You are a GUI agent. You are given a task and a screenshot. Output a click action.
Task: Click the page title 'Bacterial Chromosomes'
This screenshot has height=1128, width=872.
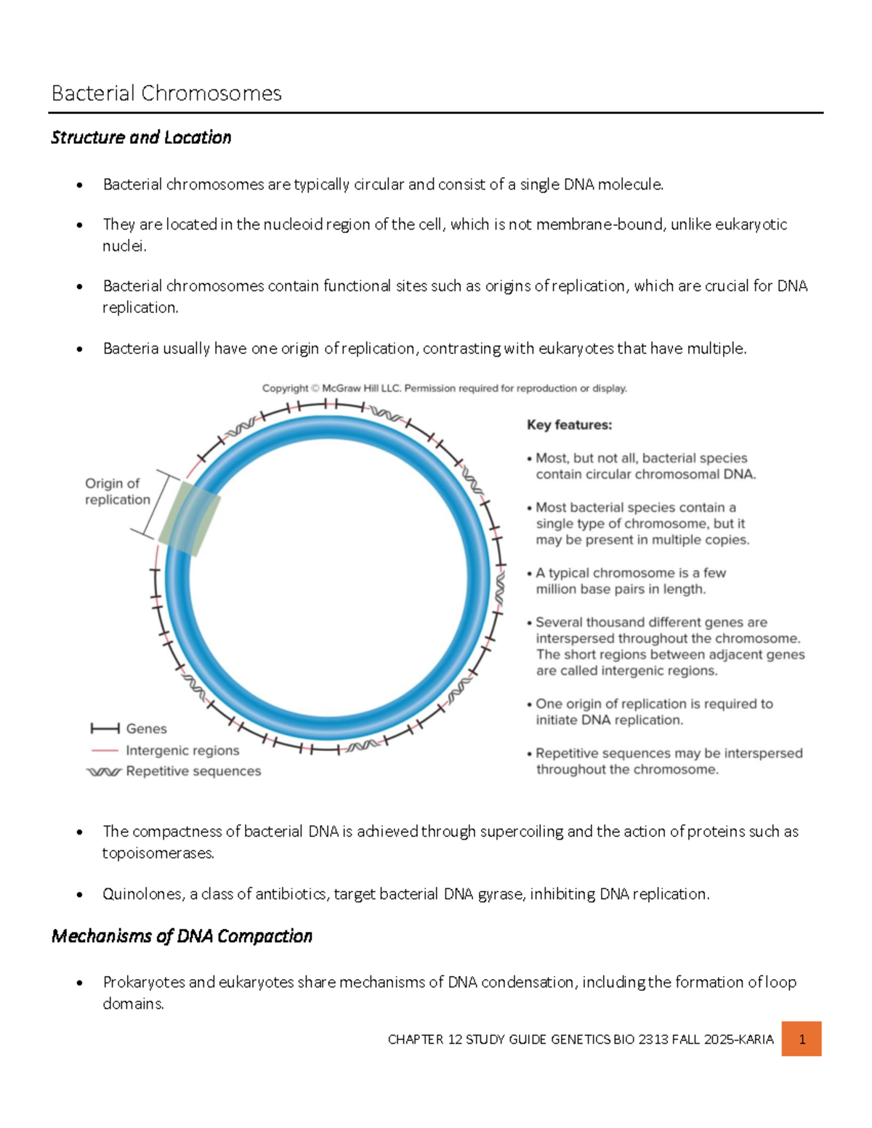[x=166, y=94]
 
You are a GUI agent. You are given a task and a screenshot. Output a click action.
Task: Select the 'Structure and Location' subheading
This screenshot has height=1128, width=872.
[x=141, y=137]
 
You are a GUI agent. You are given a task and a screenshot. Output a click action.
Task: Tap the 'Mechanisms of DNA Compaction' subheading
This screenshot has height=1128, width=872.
[x=182, y=936]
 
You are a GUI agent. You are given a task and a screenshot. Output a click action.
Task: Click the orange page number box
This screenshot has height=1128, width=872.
[x=802, y=1039]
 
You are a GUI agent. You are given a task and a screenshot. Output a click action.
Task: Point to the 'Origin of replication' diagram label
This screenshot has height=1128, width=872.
[x=117, y=492]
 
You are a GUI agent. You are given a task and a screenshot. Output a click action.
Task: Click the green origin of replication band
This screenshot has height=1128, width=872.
[x=189, y=519]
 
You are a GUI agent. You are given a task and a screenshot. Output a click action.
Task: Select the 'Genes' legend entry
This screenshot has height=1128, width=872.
[x=146, y=729]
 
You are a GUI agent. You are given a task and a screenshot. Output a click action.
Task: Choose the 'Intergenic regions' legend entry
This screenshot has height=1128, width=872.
[x=182, y=750]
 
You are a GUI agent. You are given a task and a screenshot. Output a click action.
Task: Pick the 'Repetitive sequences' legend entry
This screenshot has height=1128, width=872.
[x=193, y=771]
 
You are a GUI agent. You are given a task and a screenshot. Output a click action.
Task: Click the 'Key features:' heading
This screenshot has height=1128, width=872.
[x=569, y=425]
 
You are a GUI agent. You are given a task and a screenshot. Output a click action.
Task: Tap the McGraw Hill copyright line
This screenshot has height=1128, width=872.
[x=444, y=389]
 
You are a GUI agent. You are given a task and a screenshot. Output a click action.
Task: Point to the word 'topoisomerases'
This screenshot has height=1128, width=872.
[x=158, y=853]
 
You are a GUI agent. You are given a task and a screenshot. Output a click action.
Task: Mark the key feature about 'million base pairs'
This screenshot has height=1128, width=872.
[x=629, y=581]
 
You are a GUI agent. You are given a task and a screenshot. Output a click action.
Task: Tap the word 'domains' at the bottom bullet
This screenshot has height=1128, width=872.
[x=132, y=1005]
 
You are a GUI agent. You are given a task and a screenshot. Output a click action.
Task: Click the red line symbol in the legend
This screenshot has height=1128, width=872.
[x=105, y=750]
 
